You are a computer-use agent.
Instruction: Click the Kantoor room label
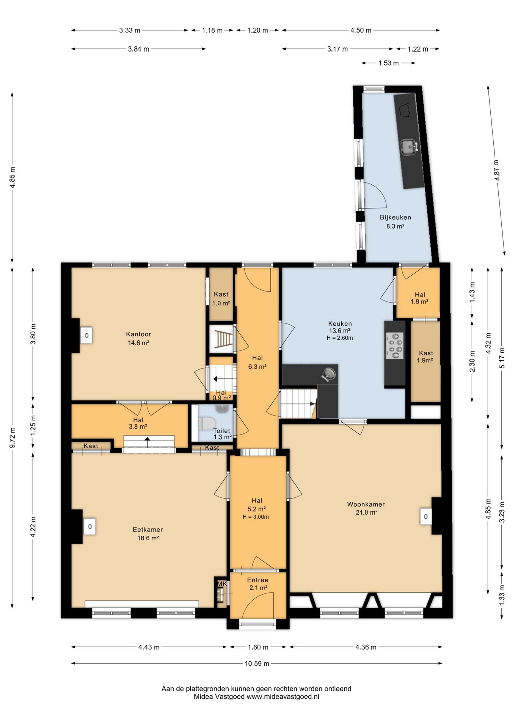point(138,334)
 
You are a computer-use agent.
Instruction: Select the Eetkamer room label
point(148,530)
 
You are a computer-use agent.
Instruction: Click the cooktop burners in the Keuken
point(395,345)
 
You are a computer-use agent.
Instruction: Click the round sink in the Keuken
point(328,374)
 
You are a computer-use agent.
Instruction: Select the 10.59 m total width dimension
point(257,663)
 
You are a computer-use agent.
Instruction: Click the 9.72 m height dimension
point(13,438)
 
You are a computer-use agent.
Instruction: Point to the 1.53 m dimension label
point(388,63)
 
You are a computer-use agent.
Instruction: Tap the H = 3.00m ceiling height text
point(256,517)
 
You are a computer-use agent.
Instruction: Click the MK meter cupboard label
point(222,584)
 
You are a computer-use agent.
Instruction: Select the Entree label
point(257,580)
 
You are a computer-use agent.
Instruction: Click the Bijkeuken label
point(396,217)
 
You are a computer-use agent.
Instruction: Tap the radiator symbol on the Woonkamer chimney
point(426,516)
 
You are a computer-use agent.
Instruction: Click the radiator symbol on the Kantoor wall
point(86,336)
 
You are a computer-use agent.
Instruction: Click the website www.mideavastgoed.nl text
point(283,697)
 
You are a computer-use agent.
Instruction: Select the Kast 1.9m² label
point(426,356)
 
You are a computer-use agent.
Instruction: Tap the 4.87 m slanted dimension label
point(496,170)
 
